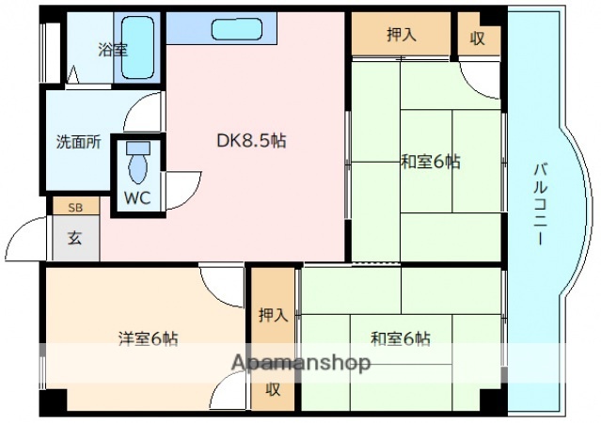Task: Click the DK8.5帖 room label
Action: pyautogui.click(x=251, y=142)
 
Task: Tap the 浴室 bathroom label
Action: pyautogui.click(x=114, y=50)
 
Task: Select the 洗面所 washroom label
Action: pyautogui.click(x=77, y=143)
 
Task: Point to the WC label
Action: pyautogui.click(x=137, y=199)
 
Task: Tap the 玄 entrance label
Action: pyautogui.click(x=74, y=238)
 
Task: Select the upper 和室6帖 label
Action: pyautogui.click(x=430, y=162)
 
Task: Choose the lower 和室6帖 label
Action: pyautogui.click(x=400, y=338)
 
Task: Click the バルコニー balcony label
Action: pyautogui.click(x=541, y=204)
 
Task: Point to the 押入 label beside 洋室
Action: pyautogui.click(x=273, y=315)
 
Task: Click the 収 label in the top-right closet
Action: pyautogui.click(x=479, y=37)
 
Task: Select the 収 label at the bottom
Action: pyautogui.click(x=273, y=388)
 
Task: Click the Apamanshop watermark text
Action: pyautogui.click(x=301, y=364)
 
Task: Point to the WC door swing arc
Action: pyautogui.click(x=183, y=186)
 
